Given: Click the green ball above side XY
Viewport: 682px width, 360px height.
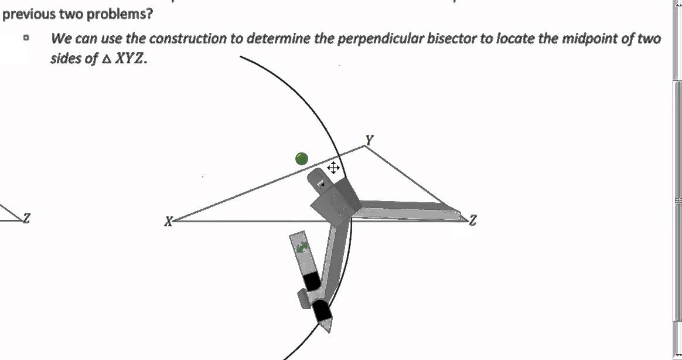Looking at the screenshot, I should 302,158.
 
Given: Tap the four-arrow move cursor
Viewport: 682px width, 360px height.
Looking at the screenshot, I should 333,169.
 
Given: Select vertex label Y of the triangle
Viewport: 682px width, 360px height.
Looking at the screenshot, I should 369,140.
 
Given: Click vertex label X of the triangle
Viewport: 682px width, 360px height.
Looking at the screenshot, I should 169,222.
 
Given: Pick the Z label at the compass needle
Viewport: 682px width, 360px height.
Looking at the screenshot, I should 473,220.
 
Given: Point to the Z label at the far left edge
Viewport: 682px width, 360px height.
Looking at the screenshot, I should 26,218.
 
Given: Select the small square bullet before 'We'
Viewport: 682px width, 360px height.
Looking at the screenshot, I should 26,39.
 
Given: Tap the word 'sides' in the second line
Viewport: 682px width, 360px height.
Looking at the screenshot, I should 66,59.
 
